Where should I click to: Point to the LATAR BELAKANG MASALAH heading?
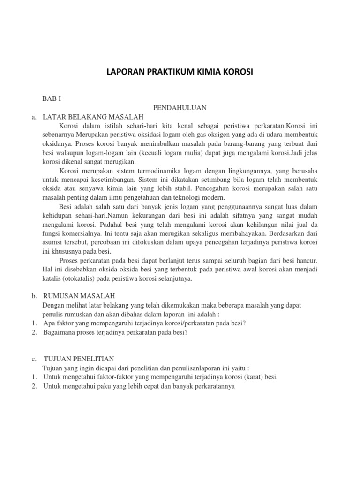tap(92, 117)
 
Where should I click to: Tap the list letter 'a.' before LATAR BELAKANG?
tap(34, 117)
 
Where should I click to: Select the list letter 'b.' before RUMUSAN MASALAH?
tap(34, 296)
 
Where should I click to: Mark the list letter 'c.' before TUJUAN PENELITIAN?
tap(34, 359)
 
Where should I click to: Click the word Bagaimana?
tap(59, 332)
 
